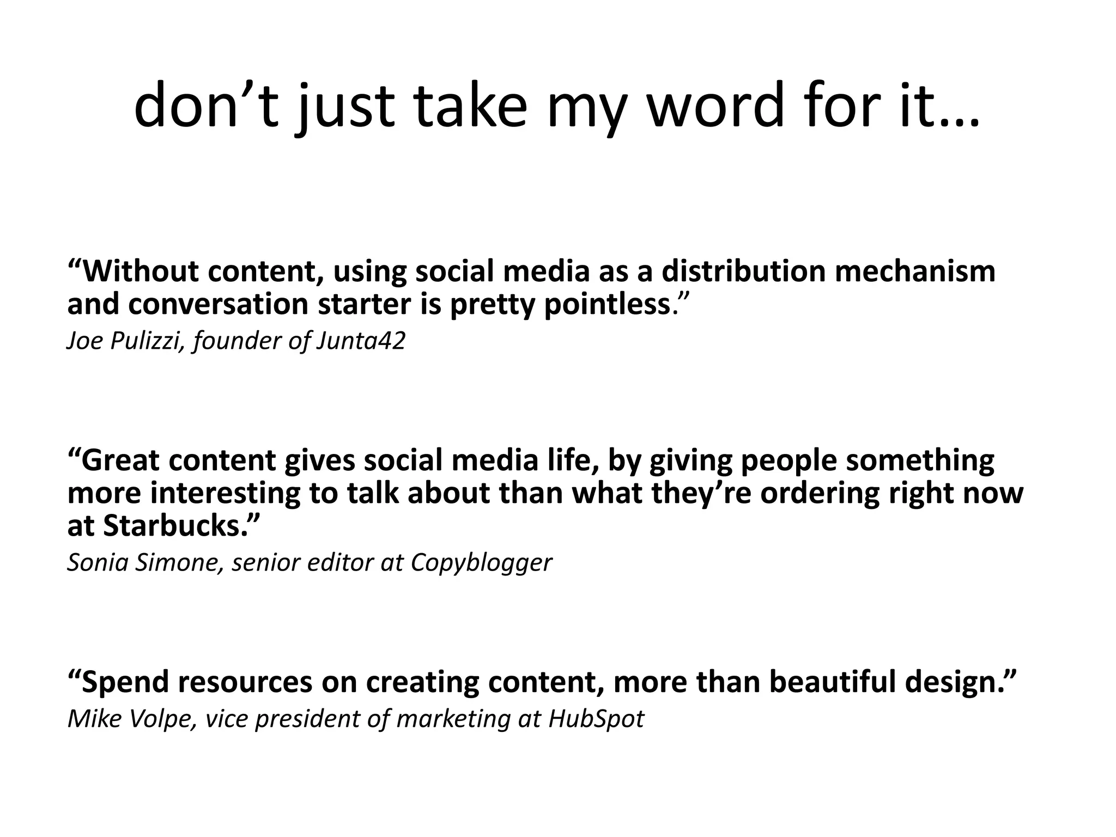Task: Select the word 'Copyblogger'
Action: (481, 562)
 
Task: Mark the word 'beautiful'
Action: (833, 682)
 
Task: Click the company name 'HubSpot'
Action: (596, 719)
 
